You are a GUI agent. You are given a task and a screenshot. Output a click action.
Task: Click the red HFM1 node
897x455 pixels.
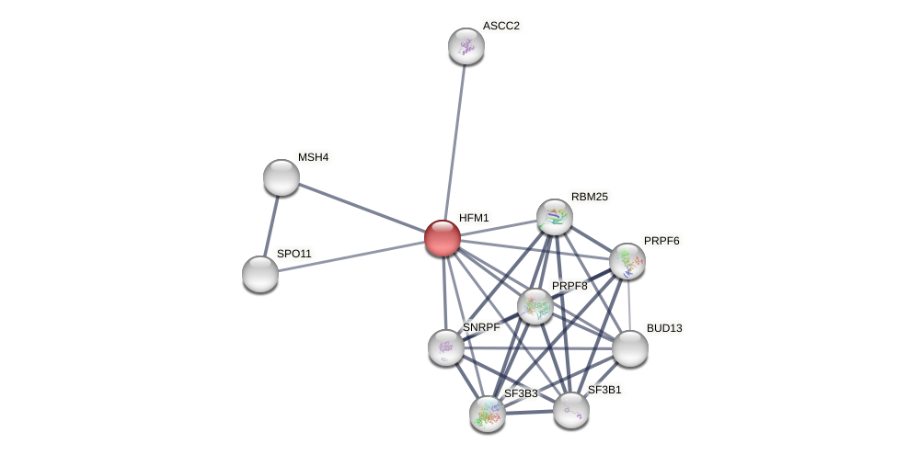[443, 238]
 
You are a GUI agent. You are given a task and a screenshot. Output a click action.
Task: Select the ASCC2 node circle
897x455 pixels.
[466, 46]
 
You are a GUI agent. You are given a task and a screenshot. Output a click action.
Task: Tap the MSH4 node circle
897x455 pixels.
[282, 177]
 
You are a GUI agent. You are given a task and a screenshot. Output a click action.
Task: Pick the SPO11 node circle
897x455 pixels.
[260, 274]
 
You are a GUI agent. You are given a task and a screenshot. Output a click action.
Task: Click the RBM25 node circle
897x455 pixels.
[555, 217]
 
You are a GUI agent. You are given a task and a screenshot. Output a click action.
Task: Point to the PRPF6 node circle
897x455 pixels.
[627, 261]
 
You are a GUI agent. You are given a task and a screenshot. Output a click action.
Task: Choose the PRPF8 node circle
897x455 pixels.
[535, 306]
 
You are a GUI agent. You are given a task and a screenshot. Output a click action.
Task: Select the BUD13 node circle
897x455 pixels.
[630, 348]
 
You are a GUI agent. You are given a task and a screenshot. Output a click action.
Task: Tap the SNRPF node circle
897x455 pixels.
[446, 347]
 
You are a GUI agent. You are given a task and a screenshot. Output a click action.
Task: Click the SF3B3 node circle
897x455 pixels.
[488, 414]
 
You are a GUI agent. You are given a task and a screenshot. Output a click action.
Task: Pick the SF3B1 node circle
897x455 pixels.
[571, 410]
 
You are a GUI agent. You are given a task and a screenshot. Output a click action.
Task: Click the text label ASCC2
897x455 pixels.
[500, 26]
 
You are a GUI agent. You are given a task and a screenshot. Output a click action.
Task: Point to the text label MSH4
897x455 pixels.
[313, 157]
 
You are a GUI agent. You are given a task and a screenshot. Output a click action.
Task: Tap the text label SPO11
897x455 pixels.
[294, 254]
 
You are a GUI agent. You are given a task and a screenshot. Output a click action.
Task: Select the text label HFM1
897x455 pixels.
[474, 218]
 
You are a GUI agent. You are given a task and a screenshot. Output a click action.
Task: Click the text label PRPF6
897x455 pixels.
[661, 241]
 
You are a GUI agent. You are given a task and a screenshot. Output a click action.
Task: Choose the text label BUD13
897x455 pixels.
[664, 328]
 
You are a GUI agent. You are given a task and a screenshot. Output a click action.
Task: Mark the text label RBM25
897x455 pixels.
[589, 197]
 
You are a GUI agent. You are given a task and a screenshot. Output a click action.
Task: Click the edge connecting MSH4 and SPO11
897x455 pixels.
[271, 225]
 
